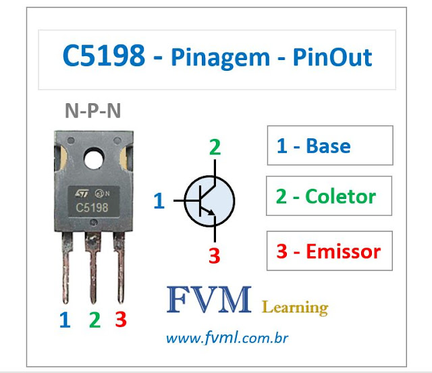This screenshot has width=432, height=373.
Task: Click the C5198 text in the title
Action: [103, 57]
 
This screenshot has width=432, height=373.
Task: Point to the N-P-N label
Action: [93, 111]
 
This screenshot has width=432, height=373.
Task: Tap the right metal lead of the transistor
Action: [119, 266]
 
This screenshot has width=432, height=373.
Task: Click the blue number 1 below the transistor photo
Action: [65, 319]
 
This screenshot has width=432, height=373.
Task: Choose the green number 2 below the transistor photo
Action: [94, 319]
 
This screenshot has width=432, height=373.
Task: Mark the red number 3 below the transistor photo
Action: [121, 318]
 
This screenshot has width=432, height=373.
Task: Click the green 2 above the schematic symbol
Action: [215, 147]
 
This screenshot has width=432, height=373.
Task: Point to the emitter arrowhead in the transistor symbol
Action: [211, 213]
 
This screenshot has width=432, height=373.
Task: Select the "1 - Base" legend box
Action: [329, 146]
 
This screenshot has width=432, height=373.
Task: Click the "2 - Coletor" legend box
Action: [329, 196]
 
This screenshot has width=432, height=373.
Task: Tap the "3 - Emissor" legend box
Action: [329, 252]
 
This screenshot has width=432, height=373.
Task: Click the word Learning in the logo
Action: [295, 308]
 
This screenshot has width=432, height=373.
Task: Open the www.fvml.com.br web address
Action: [226, 336]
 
